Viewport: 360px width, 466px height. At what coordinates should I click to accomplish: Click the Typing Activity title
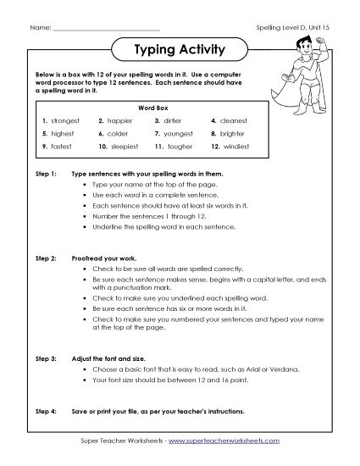180,50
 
